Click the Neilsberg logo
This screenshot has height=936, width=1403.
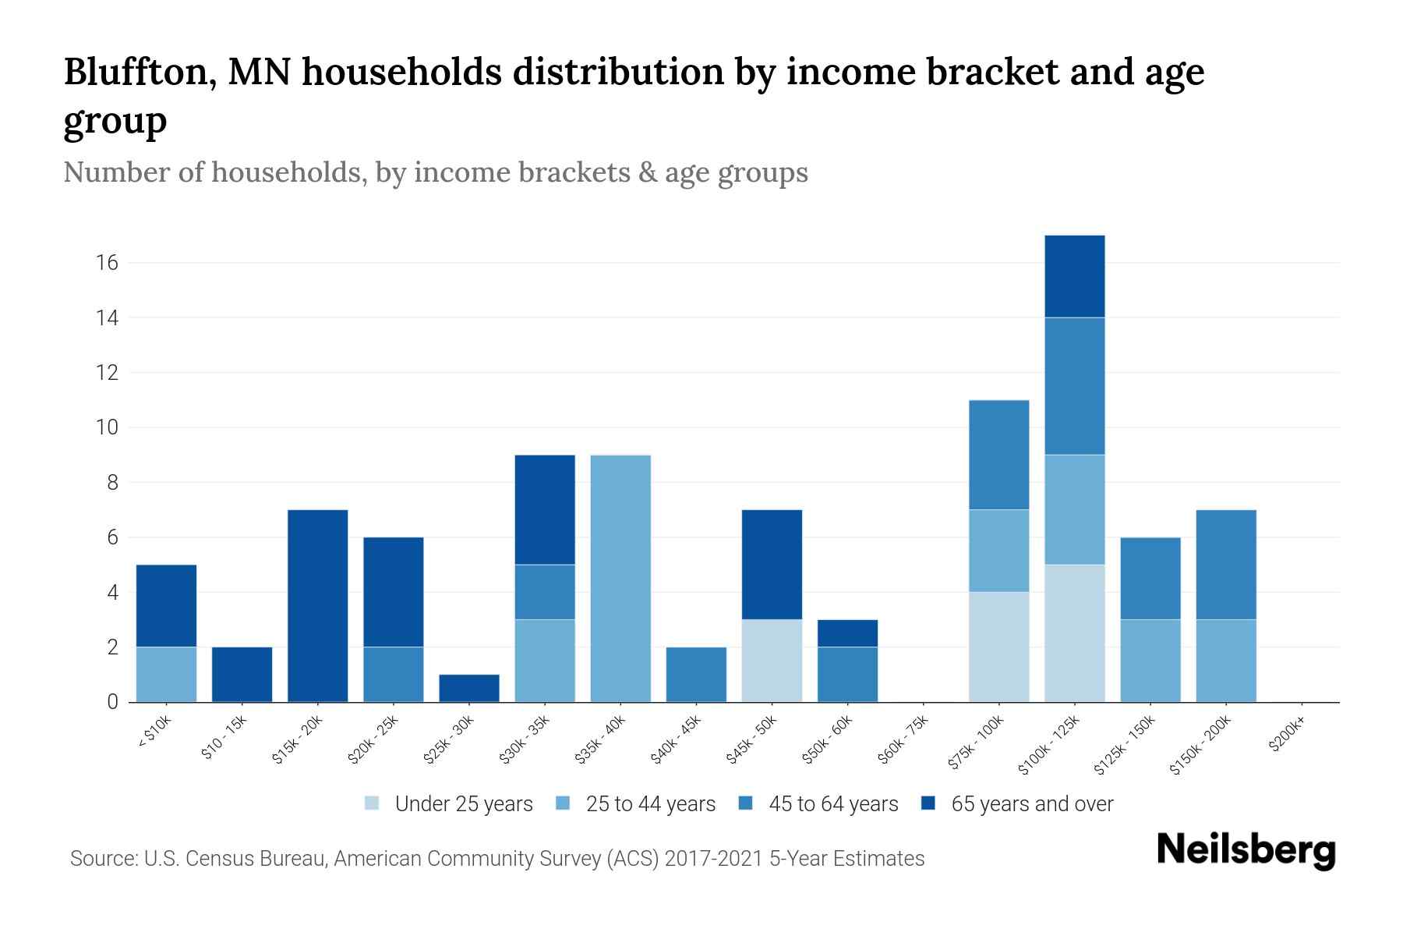click(x=1246, y=850)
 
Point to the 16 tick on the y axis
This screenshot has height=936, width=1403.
click(x=108, y=263)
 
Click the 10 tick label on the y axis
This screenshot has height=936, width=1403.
click(x=108, y=427)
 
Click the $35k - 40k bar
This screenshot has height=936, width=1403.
click(x=620, y=579)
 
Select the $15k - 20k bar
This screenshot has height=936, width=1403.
click(x=317, y=606)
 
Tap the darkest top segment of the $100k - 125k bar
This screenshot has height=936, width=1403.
click(x=1074, y=276)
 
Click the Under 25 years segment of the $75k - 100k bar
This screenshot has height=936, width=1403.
click(x=998, y=647)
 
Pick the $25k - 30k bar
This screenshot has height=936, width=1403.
click(x=468, y=688)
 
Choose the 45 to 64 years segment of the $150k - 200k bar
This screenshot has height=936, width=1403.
click(x=1226, y=565)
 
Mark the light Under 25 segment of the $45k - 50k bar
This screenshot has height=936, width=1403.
click(x=772, y=661)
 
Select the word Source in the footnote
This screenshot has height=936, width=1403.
click(x=102, y=859)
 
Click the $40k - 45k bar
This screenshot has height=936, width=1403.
click(x=696, y=675)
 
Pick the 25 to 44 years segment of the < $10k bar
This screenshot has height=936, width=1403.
click(x=166, y=675)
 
